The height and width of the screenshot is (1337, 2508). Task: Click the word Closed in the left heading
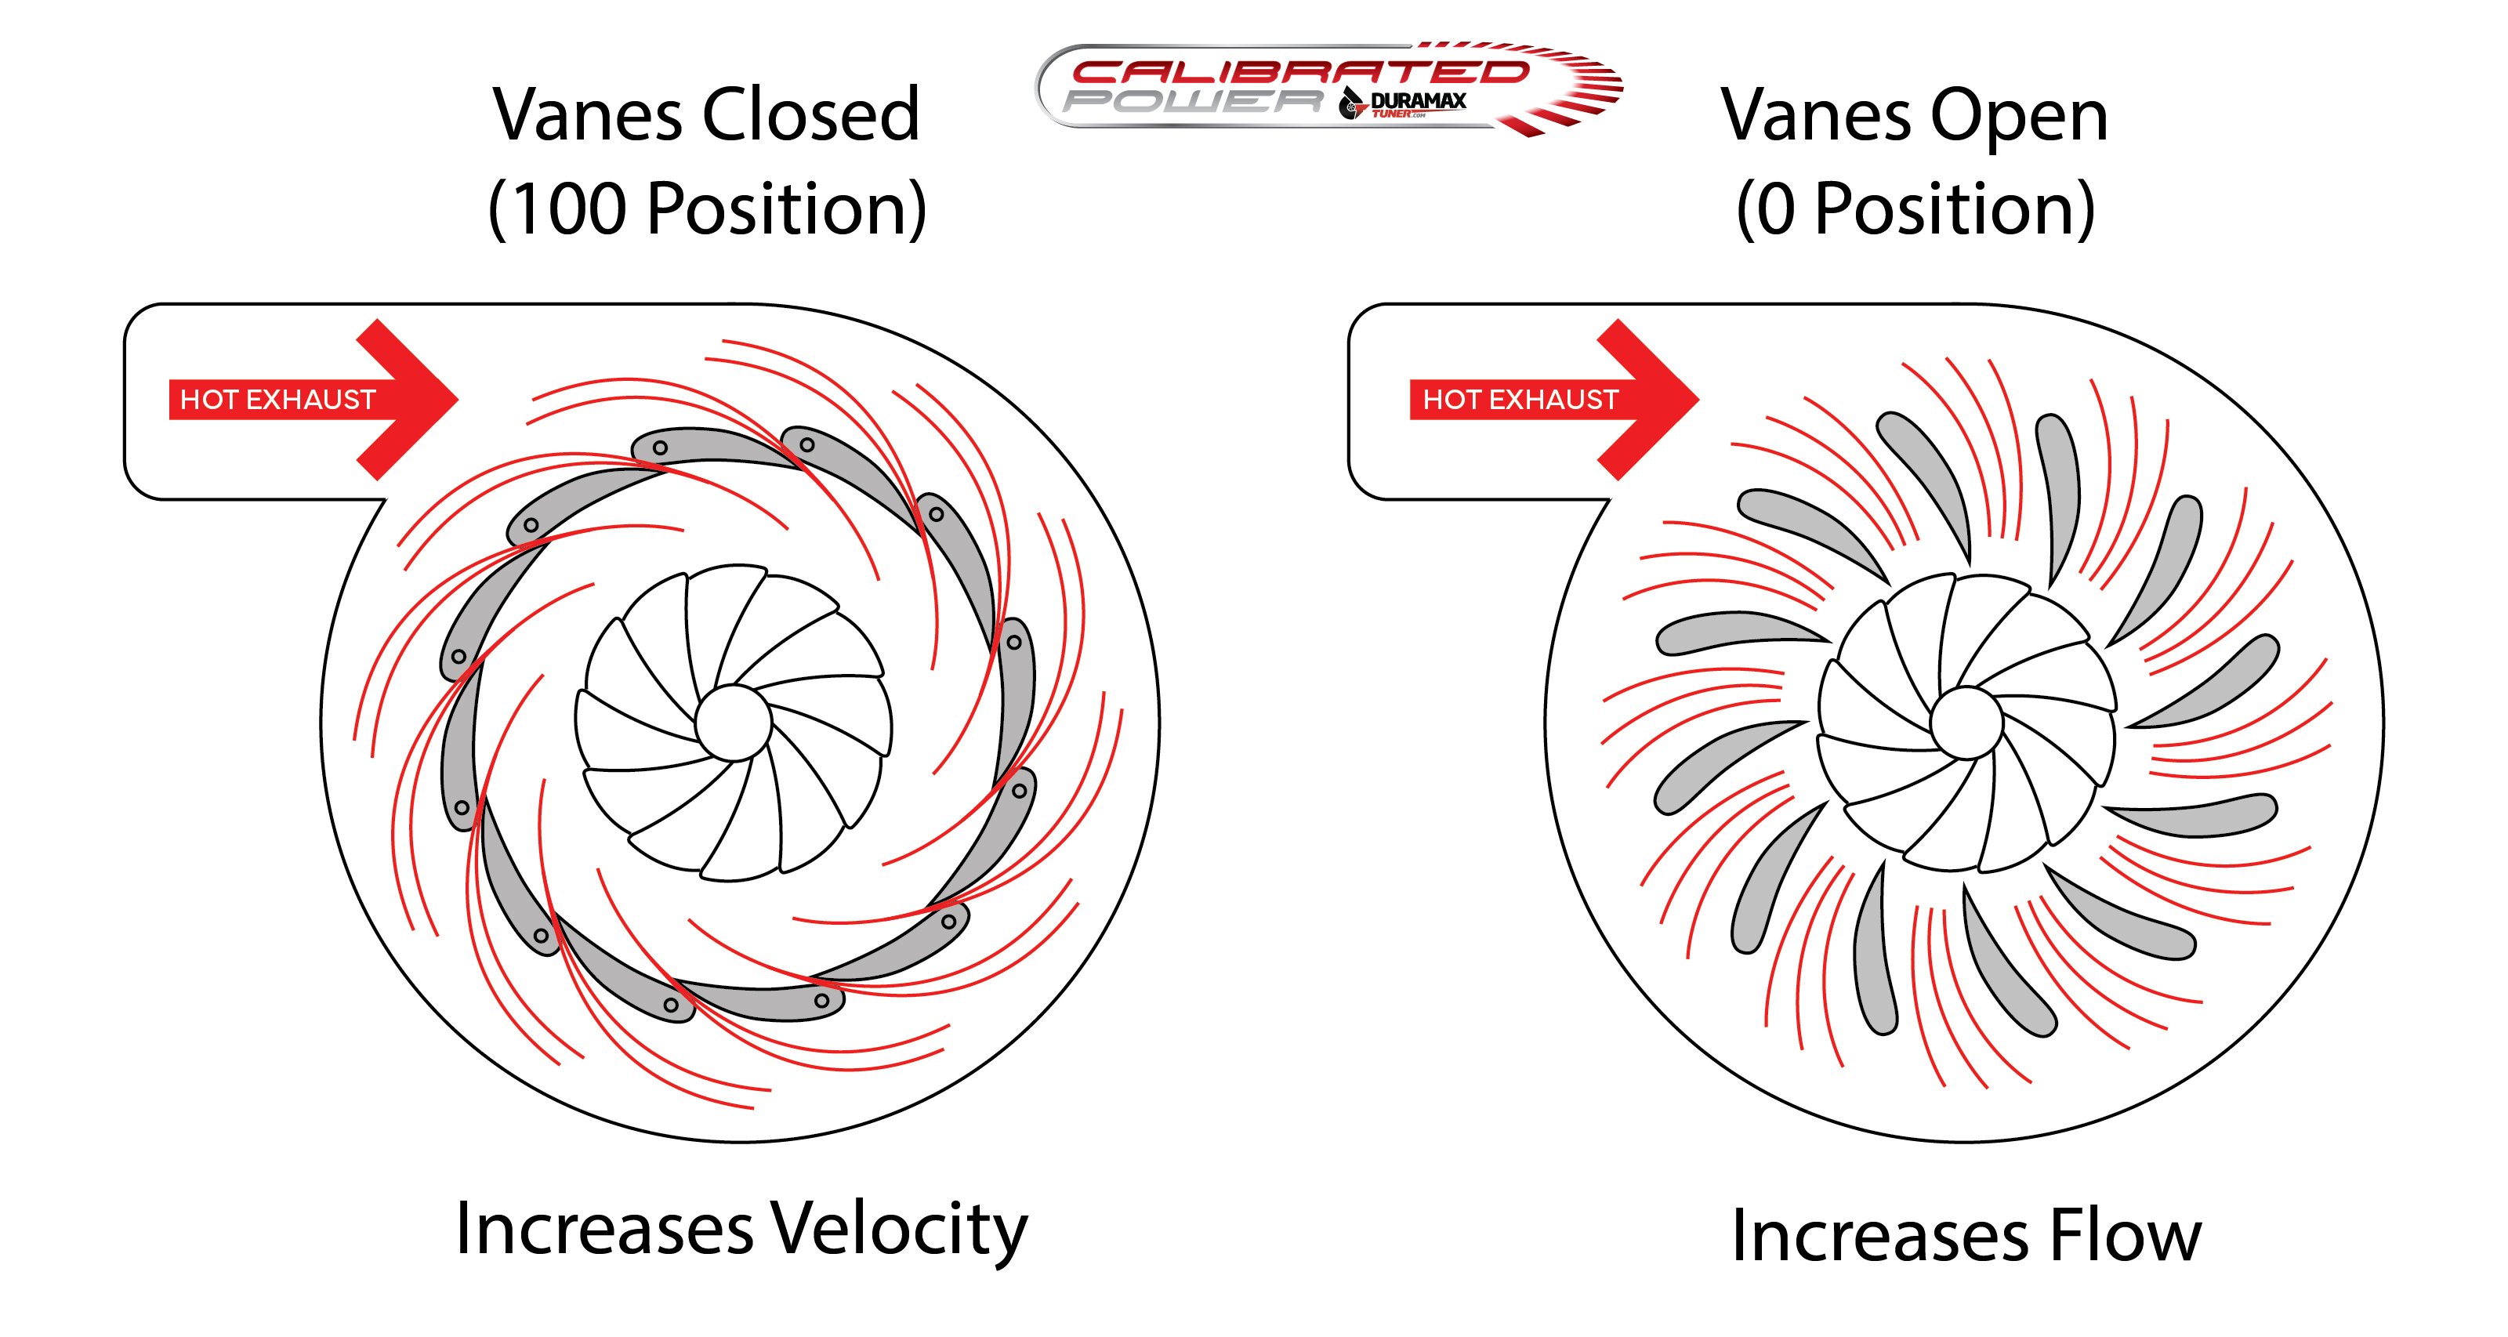tap(810, 115)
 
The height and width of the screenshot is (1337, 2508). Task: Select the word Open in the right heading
tap(2018, 117)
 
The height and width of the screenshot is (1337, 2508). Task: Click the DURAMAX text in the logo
tap(1418, 100)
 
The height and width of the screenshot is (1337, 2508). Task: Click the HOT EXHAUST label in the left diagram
tap(277, 399)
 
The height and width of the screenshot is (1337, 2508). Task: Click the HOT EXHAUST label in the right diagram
tap(1520, 399)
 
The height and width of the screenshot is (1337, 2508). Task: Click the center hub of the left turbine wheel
tap(733, 723)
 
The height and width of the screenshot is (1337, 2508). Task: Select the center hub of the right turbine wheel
tap(1966, 723)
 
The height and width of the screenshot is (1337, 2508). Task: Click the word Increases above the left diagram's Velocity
tap(603, 1230)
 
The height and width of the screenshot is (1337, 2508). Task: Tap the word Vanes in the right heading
tap(1816, 117)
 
